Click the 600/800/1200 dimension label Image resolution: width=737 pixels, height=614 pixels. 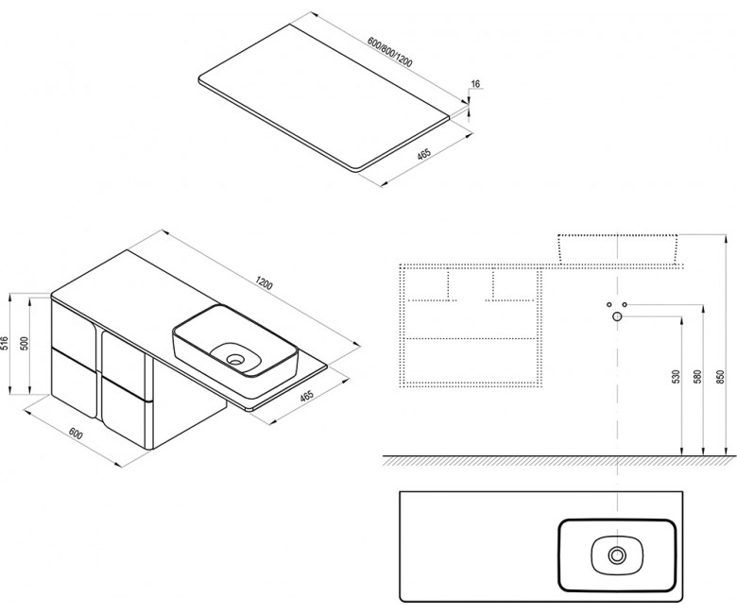tap(390, 52)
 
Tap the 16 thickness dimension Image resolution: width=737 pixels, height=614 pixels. tap(475, 84)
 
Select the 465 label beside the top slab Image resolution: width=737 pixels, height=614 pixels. tap(424, 154)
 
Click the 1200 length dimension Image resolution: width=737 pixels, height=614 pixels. tap(265, 283)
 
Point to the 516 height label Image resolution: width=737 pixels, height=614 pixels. tap(6, 344)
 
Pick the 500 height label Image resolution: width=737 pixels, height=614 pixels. tap(26, 344)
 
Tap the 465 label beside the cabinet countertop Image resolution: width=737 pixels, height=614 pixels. tap(306, 396)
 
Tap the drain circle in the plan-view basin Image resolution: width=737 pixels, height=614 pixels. tap(617, 555)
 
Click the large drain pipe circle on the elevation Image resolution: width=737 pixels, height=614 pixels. tap(617, 316)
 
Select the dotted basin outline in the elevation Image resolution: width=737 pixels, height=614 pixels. tap(618, 247)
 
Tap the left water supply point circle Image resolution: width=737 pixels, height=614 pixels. tap(609, 304)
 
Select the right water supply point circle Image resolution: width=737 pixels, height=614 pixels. tap(625, 304)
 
